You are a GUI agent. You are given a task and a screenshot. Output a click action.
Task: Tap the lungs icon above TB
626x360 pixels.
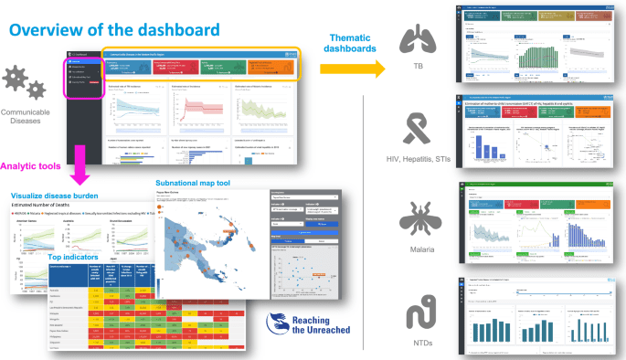[419, 39]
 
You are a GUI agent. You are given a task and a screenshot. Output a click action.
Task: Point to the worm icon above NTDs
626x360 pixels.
[419, 312]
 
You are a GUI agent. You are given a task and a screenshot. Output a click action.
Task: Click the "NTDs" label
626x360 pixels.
[419, 344]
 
